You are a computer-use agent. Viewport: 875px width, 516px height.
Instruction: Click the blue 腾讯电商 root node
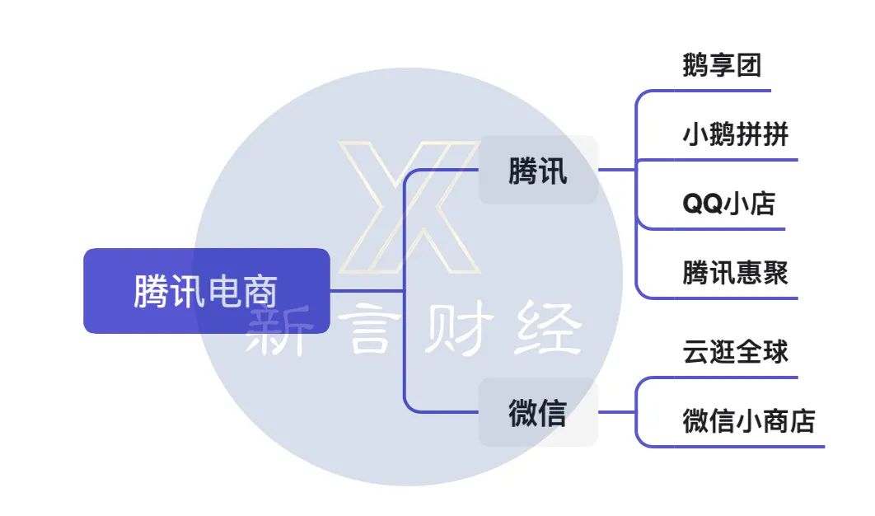click(x=206, y=291)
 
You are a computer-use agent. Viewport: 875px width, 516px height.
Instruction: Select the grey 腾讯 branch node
click(x=538, y=171)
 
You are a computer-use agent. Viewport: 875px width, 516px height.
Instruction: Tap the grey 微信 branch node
click(x=538, y=412)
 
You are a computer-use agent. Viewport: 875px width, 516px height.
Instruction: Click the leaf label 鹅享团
click(x=721, y=65)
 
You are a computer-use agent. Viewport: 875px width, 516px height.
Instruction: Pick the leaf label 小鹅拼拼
click(x=735, y=134)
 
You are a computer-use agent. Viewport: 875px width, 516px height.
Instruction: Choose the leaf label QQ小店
click(x=728, y=204)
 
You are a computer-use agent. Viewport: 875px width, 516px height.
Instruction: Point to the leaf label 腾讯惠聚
click(x=735, y=272)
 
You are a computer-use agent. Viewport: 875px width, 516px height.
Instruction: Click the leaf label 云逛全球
click(x=735, y=352)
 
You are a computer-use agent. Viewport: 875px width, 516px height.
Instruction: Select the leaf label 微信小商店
click(x=748, y=420)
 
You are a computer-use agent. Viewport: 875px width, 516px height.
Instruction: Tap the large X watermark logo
click(x=409, y=208)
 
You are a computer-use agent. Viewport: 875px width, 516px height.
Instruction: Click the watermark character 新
click(x=276, y=332)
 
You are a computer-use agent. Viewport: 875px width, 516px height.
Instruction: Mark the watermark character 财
click(x=458, y=332)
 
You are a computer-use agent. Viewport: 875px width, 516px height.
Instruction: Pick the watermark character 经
click(x=548, y=332)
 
